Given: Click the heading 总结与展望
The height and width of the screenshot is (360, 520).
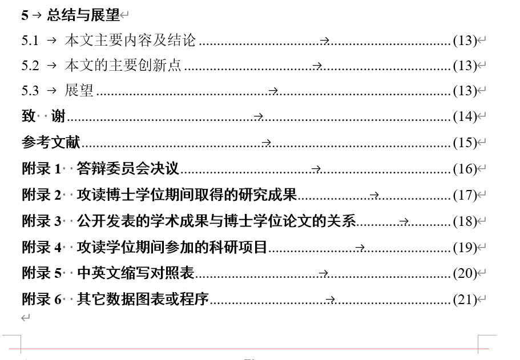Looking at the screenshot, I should point(83,15).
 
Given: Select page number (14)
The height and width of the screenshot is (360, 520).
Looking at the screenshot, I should point(465,116).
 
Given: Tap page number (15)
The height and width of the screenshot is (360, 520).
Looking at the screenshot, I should point(465,142).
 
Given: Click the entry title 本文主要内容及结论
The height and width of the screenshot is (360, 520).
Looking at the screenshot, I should point(131,40).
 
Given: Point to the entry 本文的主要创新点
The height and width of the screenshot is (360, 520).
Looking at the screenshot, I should point(123,65).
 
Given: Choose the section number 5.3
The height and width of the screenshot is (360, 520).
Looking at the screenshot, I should point(30,91).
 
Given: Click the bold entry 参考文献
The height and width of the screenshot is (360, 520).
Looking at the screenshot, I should point(51,142).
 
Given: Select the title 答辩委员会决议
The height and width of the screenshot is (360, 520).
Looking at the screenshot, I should point(128,168).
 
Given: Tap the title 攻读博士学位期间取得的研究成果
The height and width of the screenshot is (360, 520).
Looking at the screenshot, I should point(187,195).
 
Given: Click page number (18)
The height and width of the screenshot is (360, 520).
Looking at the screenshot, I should point(465,221).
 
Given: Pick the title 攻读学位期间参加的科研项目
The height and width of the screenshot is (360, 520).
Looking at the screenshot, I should point(172,247).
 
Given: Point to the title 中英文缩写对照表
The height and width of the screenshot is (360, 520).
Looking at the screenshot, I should point(136,273).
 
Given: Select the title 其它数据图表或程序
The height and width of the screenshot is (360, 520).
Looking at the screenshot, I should point(143,299).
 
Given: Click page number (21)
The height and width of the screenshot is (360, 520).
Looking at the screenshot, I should point(465,299).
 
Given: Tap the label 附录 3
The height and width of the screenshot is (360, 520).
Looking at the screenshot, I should point(41,221).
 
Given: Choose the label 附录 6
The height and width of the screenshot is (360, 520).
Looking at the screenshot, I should point(41,299).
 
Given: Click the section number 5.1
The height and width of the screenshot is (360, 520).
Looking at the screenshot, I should point(30,40).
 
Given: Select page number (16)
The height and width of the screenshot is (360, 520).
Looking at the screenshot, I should point(465,168).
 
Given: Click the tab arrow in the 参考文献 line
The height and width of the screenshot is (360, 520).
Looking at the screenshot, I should point(266,143).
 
